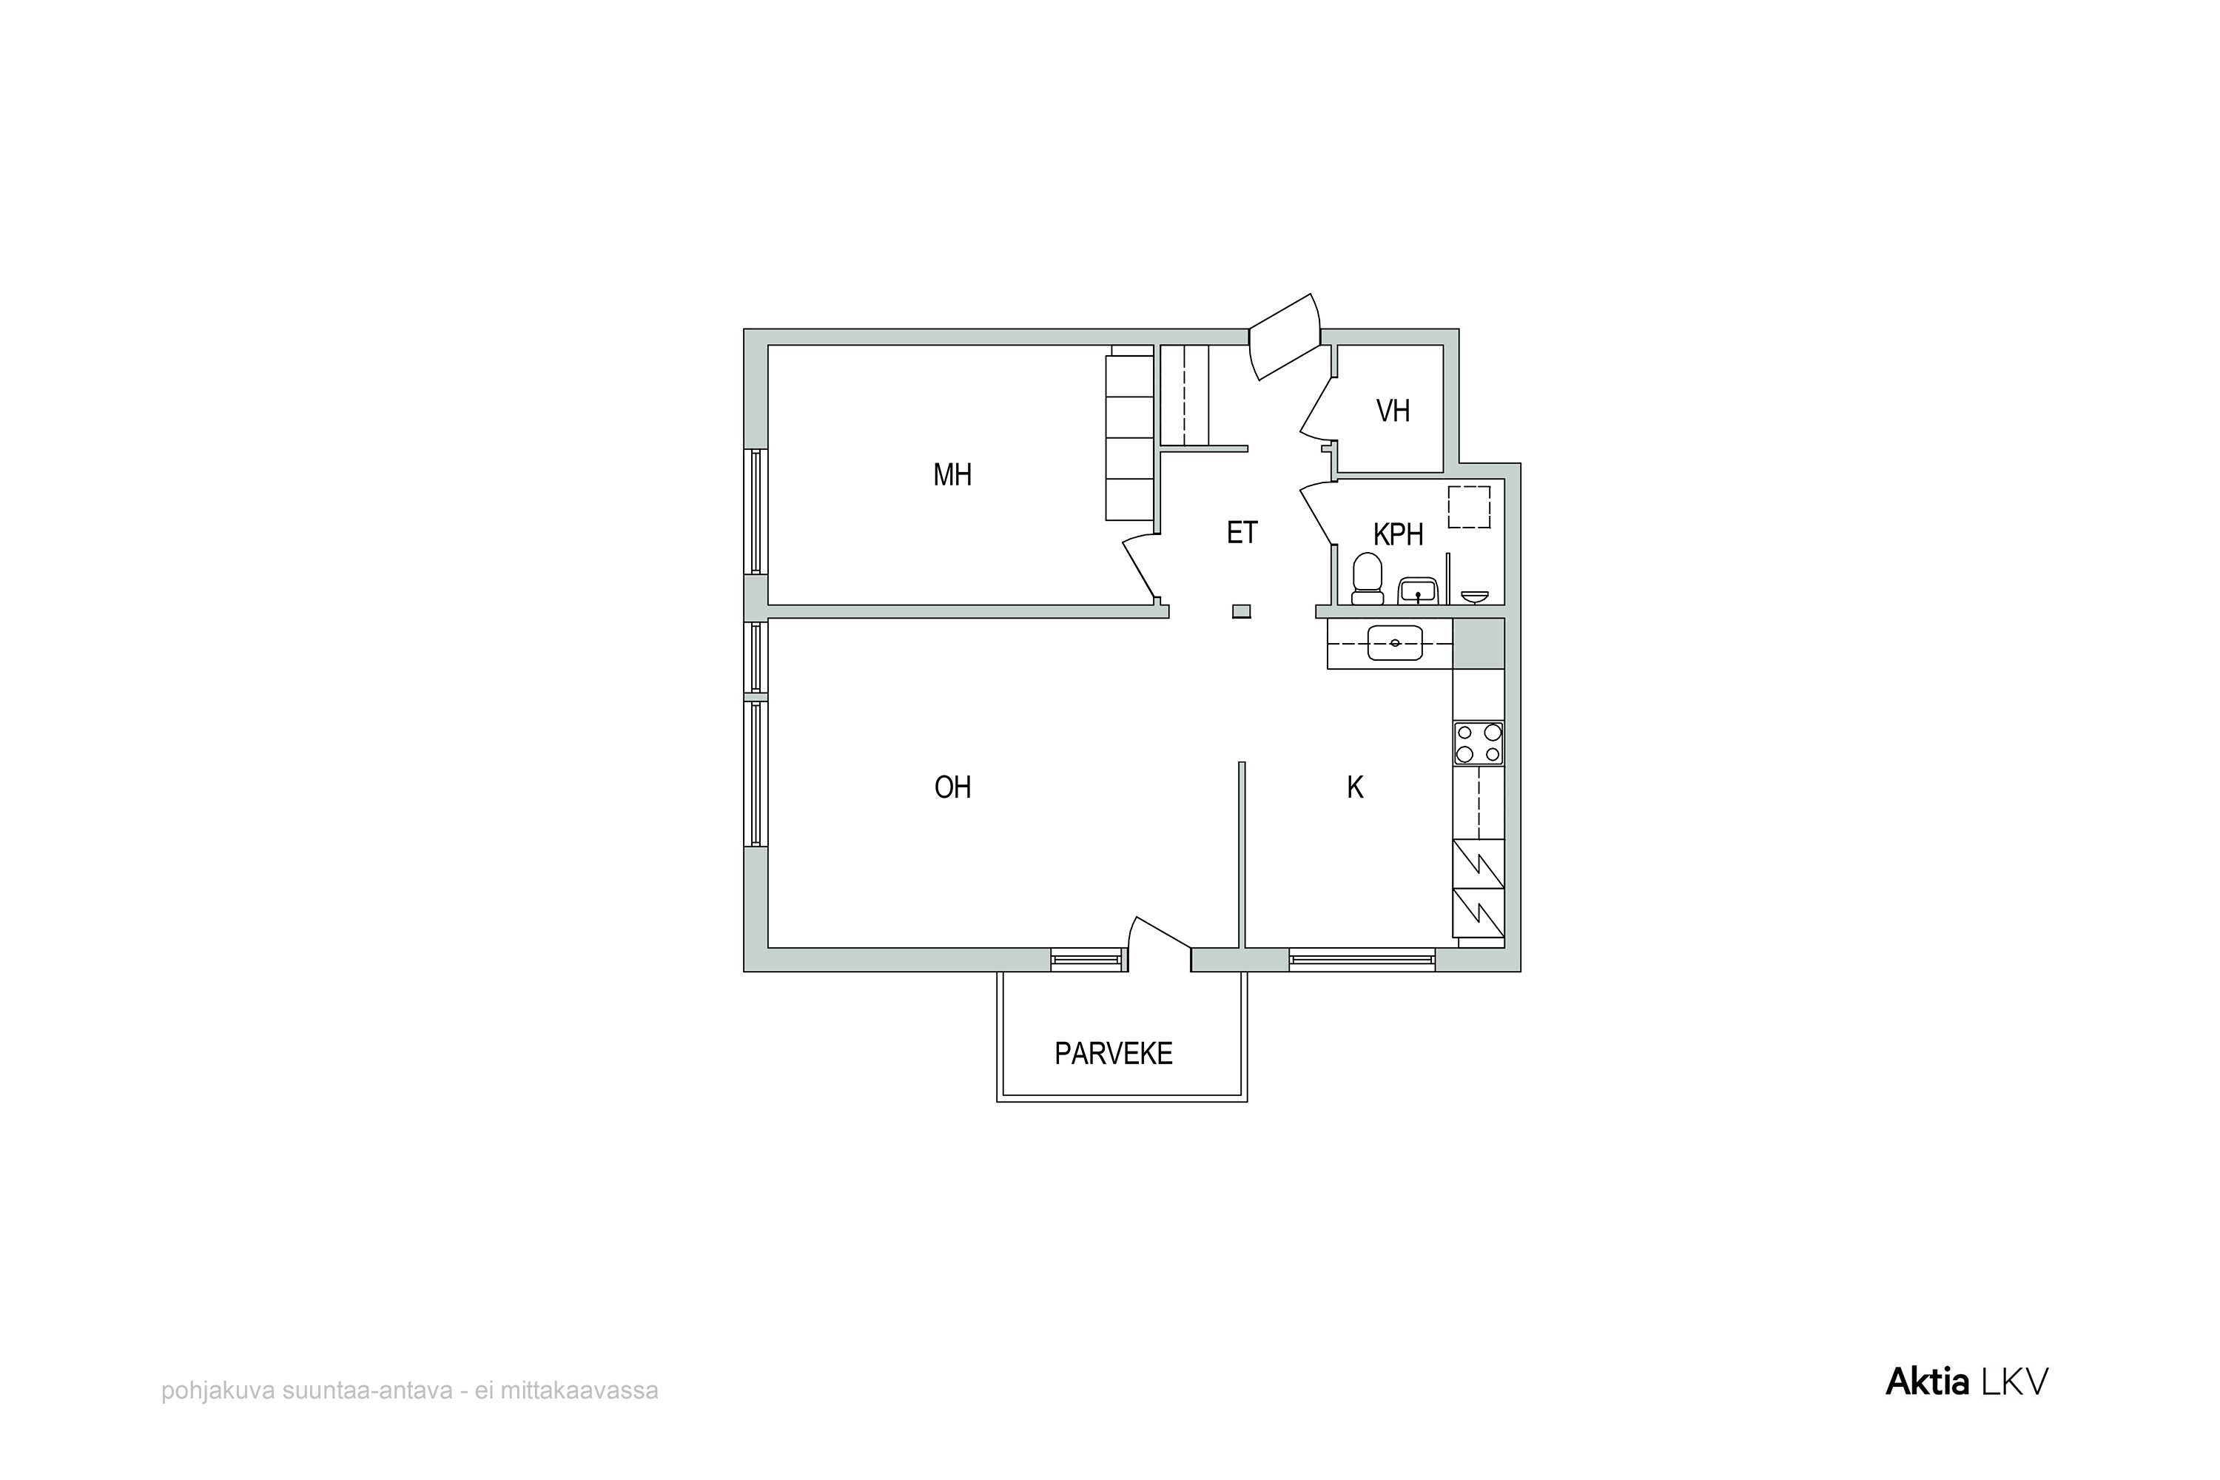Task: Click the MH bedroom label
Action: tap(952, 475)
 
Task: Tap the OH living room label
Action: tap(952, 787)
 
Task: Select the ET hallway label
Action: tap(1242, 534)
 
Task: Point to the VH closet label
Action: tap(1393, 411)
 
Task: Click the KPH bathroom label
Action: tap(1398, 535)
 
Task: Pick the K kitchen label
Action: tap(1356, 787)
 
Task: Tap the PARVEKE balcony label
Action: tap(1114, 1053)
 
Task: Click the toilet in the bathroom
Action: tap(1367, 579)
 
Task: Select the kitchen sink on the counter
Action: tap(1395, 643)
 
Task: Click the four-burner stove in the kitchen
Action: tap(1478, 743)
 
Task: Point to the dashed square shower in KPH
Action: tap(1470, 507)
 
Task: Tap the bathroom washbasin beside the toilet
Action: tap(1418, 591)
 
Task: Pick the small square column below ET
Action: tap(1241, 612)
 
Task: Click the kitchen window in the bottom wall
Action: tap(1362, 961)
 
